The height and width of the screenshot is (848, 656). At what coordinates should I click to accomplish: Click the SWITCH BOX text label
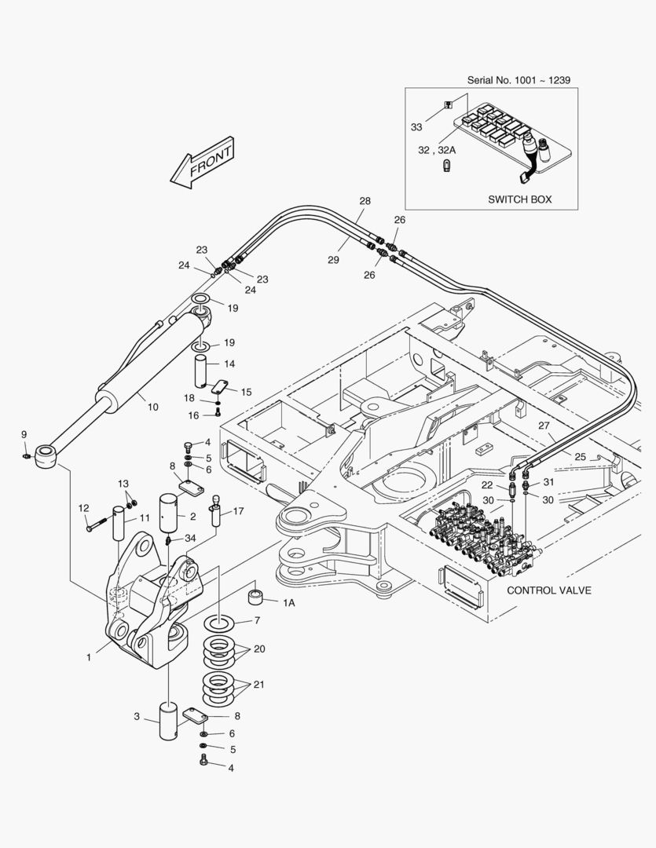519,199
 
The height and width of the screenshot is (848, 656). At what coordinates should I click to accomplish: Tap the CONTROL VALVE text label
549,590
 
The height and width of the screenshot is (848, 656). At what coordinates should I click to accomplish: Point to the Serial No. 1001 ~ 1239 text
519,80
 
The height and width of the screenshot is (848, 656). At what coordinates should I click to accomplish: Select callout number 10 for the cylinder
152,407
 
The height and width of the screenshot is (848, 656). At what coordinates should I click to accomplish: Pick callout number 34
190,538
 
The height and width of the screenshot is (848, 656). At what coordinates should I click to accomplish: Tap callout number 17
238,511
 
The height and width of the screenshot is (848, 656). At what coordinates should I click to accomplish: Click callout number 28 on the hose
365,201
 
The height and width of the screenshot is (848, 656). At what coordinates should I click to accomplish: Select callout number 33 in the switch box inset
416,127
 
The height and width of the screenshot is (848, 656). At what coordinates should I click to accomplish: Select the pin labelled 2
170,510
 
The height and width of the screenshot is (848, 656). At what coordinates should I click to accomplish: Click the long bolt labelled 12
103,523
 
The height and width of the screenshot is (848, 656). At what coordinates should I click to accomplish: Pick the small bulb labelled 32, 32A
449,166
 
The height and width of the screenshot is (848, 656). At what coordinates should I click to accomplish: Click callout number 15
246,391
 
